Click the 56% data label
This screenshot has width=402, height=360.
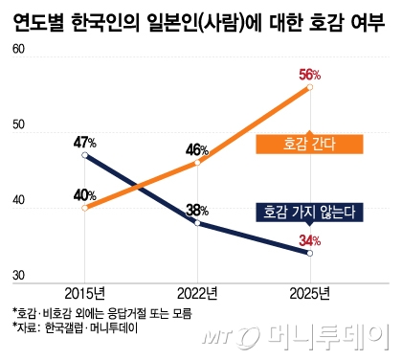pyautogui.click(x=310, y=73)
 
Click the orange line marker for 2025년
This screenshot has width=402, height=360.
pyautogui.click(x=309, y=87)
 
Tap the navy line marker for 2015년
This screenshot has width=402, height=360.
pyautogui.click(x=85, y=155)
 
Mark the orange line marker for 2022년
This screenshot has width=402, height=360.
pyautogui.click(x=197, y=163)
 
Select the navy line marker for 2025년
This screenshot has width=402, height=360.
pyautogui.click(x=309, y=253)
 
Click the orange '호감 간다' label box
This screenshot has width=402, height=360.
pyautogui.click(x=308, y=144)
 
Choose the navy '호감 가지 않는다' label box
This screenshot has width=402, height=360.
pyautogui.click(x=310, y=212)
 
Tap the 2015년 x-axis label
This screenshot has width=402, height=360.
pyautogui.click(x=85, y=293)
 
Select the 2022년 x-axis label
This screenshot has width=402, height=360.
pyautogui.click(x=197, y=293)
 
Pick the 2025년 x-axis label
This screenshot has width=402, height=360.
pyautogui.click(x=309, y=293)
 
